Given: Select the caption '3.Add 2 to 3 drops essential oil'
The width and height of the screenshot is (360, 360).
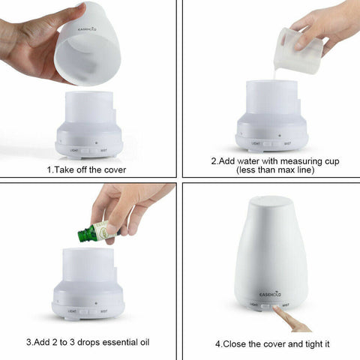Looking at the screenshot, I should tap(88, 342).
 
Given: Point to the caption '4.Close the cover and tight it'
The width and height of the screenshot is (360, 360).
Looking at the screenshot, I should tap(272, 343).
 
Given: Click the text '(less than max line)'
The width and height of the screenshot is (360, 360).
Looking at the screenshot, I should tap(271, 170).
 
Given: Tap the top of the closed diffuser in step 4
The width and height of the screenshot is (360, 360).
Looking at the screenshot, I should tap(271, 201).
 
